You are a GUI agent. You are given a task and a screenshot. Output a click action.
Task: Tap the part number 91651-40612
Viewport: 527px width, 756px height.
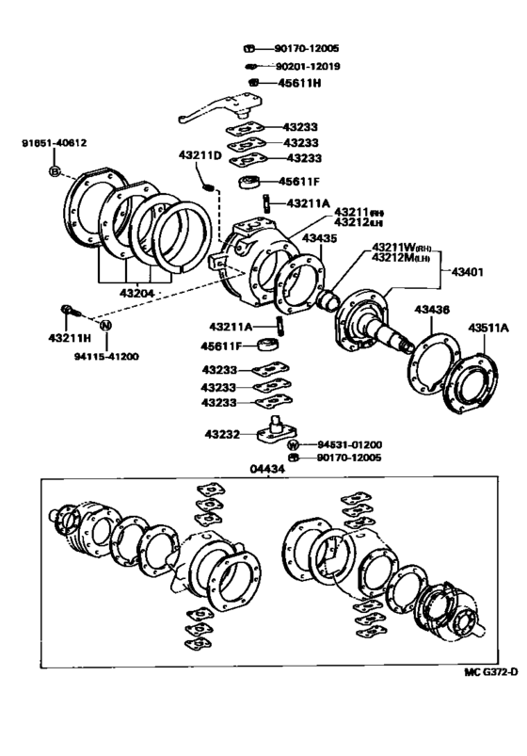[x=55, y=143]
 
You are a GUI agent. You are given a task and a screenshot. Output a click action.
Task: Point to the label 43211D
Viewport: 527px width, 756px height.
[x=200, y=154]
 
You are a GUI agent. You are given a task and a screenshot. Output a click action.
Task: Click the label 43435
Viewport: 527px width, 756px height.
[x=319, y=239]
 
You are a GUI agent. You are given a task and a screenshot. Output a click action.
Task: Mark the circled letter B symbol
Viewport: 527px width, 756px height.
[x=55, y=171]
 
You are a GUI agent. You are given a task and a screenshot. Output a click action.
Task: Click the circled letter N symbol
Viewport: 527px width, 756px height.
[x=106, y=325]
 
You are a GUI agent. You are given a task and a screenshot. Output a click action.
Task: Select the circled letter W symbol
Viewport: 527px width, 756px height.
[x=293, y=443]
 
